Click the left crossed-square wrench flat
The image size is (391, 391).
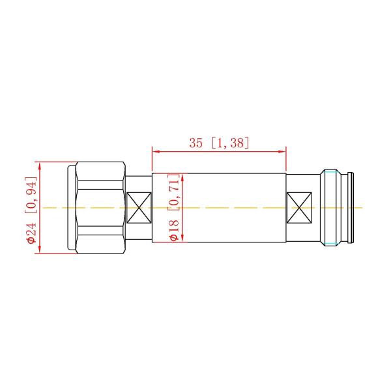[138, 208]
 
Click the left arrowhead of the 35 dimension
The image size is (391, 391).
[155, 151]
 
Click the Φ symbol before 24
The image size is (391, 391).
[31, 239]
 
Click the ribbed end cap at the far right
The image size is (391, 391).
[351, 208]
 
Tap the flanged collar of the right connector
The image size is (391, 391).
[331, 208]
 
